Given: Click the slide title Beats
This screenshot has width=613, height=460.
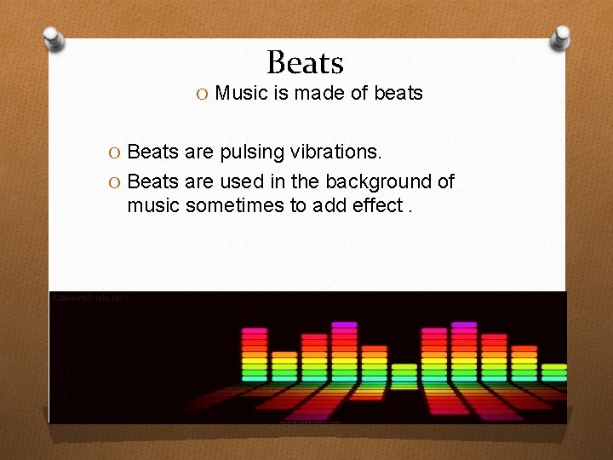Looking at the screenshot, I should pos(305,62).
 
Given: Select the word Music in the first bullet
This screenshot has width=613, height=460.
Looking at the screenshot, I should pos(241,93).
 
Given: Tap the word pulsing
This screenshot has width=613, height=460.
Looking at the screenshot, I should pos(250,152).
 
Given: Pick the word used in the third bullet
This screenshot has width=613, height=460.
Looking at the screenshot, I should pos(242,181).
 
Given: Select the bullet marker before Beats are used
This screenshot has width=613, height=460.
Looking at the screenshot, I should pos(117,182).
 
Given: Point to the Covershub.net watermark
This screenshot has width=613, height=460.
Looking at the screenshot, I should pos(89,298).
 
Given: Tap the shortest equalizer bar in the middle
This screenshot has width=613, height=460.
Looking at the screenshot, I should pos(404,374).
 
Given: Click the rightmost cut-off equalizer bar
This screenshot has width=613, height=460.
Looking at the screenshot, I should pos(554,371).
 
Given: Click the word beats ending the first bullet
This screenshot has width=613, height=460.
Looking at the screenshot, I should pos(398,93).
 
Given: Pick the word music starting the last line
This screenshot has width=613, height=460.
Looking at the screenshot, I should pos(153,204).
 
